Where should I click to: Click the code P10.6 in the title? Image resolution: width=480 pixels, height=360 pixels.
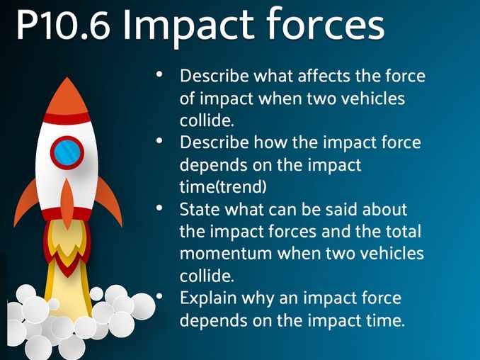click(x=62, y=26)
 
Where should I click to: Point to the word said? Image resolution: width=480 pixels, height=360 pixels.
click(x=358, y=210)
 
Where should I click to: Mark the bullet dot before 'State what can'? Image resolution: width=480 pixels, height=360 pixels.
click(x=161, y=209)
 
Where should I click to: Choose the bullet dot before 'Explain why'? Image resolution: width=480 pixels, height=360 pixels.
click(x=161, y=296)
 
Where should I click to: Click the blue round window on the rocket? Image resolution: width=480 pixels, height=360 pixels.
click(x=67, y=151)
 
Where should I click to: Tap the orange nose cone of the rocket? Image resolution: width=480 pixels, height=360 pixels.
click(x=67, y=96)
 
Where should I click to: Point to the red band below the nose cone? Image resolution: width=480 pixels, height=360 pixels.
click(x=67, y=118)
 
